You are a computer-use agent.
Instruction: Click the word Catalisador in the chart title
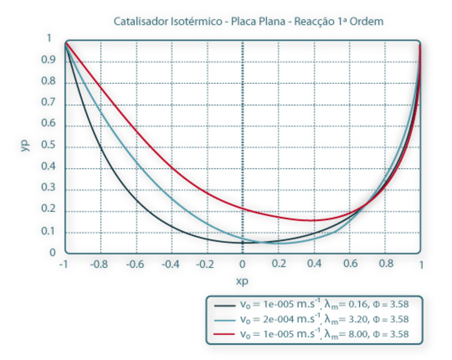(x=135, y=22)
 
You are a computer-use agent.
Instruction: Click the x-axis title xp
(x=242, y=281)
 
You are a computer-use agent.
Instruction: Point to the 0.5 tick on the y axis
(x=49, y=147)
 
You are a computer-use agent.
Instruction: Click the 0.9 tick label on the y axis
(x=49, y=61)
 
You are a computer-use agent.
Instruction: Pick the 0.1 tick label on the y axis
(x=49, y=232)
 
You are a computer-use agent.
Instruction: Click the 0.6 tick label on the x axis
(x=350, y=264)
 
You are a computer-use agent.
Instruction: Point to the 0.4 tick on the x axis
(x=314, y=264)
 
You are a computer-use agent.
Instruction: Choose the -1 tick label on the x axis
(x=64, y=264)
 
